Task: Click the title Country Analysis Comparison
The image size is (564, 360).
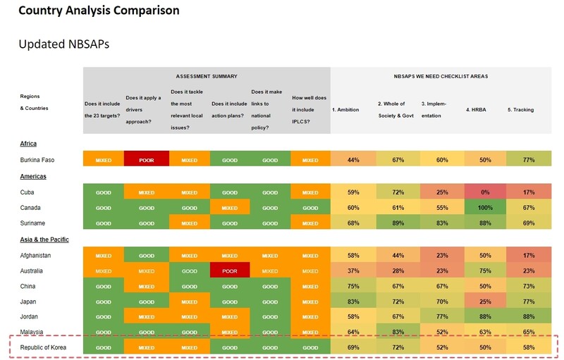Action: pos(99,11)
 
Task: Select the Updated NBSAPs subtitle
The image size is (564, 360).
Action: pos(63,44)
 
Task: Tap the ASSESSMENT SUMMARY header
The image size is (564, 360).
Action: pos(206,76)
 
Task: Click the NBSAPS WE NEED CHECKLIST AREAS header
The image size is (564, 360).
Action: pos(441,76)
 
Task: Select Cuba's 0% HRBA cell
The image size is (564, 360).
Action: pos(484,192)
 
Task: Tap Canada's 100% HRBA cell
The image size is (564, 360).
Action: pos(484,208)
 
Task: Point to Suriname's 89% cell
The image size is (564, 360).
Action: pos(398,223)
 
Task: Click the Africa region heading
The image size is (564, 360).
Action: pos(29,144)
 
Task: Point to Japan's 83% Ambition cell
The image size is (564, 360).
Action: pos(353,302)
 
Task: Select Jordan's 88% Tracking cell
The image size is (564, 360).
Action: pos(528,317)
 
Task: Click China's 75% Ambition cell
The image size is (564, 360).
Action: pos(353,286)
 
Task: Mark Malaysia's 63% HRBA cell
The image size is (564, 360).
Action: pos(484,333)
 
